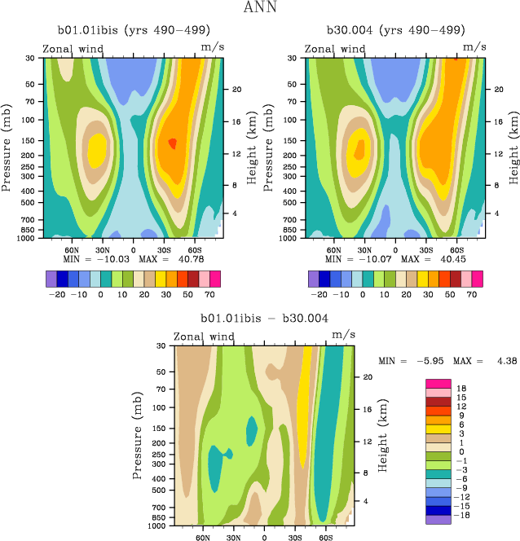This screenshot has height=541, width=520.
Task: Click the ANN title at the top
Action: point(259,8)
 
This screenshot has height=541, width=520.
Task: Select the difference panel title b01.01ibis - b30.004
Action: point(264,318)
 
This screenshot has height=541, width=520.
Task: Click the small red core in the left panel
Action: point(172,143)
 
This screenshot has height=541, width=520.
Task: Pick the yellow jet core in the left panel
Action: point(96,148)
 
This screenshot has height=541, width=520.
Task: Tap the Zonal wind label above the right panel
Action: point(336,49)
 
